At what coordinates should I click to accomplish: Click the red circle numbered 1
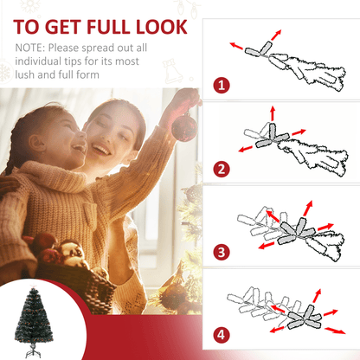[222, 86]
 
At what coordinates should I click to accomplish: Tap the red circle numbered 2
[222, 168]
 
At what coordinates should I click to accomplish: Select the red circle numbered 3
[222, 252]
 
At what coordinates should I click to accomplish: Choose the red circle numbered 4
[222, 335]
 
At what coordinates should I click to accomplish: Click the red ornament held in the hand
[183, 127]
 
